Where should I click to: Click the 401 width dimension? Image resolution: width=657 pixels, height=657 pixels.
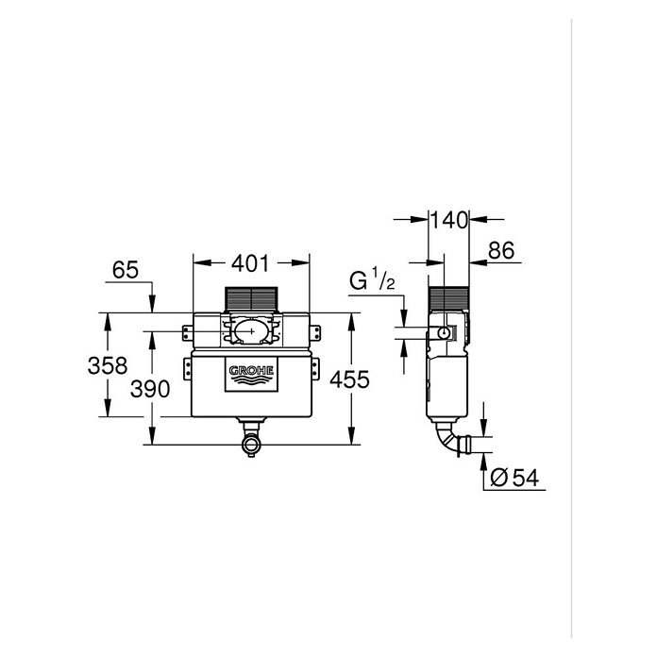(x=250, y=263)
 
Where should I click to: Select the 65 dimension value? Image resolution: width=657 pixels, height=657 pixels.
(x=126, y=270)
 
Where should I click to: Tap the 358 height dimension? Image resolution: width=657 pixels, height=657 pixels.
(x=108, y=365)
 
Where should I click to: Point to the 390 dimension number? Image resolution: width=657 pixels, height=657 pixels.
(x=150, y=389)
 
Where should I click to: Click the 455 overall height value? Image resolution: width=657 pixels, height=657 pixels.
(x=349, y=379)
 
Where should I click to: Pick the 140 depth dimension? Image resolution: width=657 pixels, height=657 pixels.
(x=448, y=220)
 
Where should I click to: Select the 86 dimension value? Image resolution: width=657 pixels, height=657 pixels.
(x=501, y=250)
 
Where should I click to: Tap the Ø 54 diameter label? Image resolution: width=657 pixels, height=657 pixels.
(x=514, y=478)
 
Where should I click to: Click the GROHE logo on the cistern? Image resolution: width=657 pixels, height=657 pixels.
(x=251, y=375)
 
